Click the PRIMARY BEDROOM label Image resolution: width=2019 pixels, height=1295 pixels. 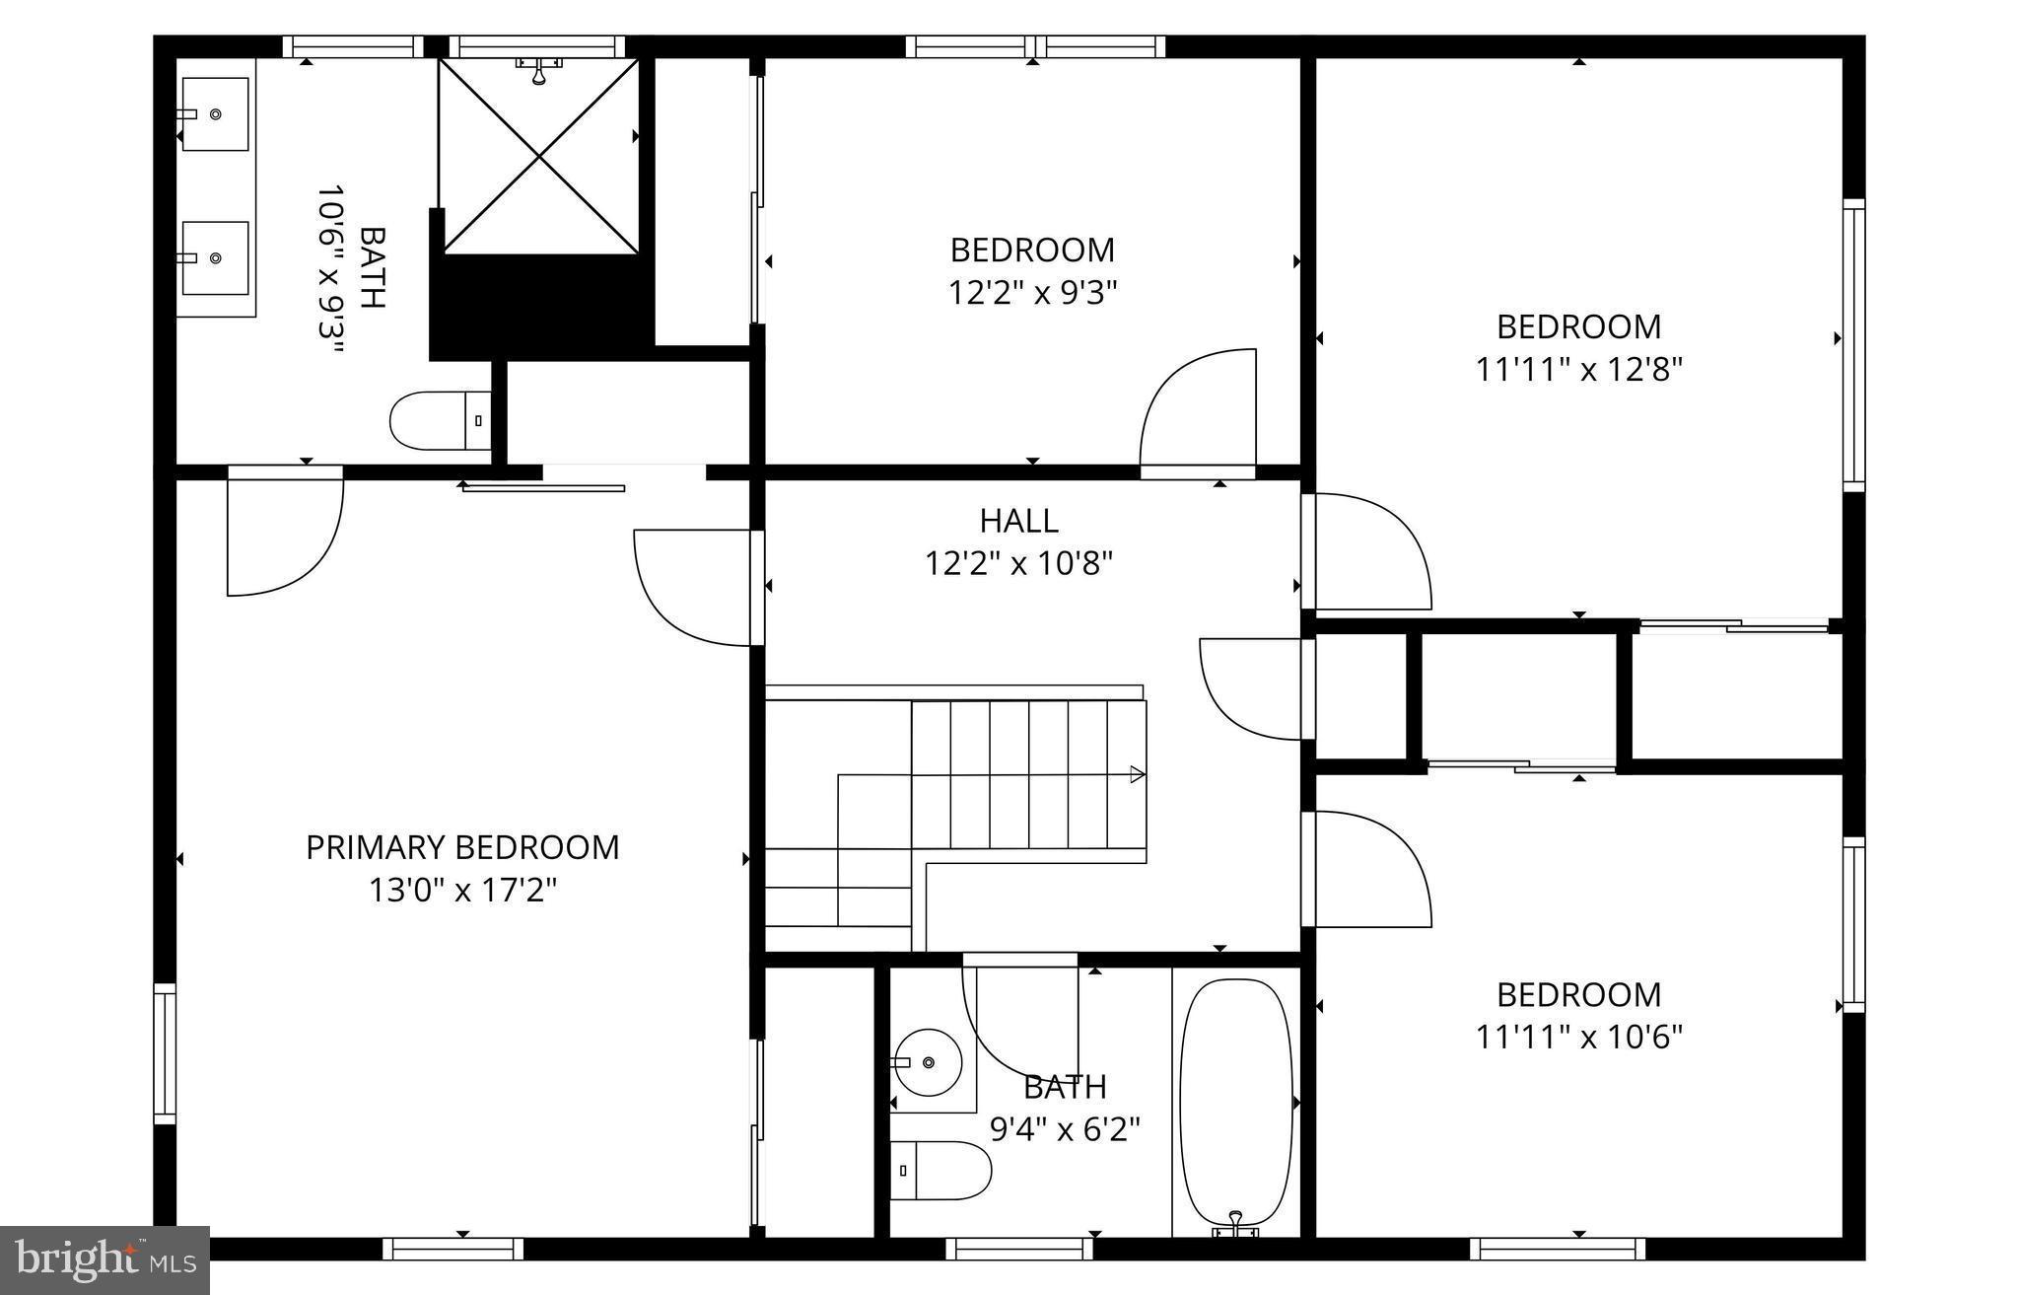(462, 847)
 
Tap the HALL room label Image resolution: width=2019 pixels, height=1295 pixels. (1018, 521)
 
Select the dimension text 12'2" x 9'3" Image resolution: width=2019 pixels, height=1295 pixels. (1032, 293)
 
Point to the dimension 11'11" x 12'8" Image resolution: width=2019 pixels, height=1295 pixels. (1578, 370)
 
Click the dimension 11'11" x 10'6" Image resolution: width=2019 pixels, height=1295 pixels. (1578, 1037)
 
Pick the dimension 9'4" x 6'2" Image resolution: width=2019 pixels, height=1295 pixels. (1065, 1129)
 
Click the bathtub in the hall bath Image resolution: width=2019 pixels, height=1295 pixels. (1236, 1100)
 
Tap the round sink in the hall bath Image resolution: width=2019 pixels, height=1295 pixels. (927, 1062)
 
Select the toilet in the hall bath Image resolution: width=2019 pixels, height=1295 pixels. (941, 1171)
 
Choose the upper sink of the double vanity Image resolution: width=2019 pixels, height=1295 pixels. (215, 114)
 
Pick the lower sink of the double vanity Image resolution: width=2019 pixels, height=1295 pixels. (215, 258)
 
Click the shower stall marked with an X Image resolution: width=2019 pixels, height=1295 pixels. (538, 155)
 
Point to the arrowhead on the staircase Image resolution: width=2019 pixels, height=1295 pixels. (1137, 774)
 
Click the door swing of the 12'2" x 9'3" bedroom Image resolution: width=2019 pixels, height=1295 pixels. (1198, 409)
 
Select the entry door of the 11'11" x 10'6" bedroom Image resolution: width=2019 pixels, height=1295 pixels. (1365, 868)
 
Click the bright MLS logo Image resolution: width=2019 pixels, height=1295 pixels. (104, 1259)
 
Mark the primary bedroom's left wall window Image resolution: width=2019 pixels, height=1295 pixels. (165, 1052)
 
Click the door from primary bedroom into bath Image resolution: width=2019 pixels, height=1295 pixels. (284, 533)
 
